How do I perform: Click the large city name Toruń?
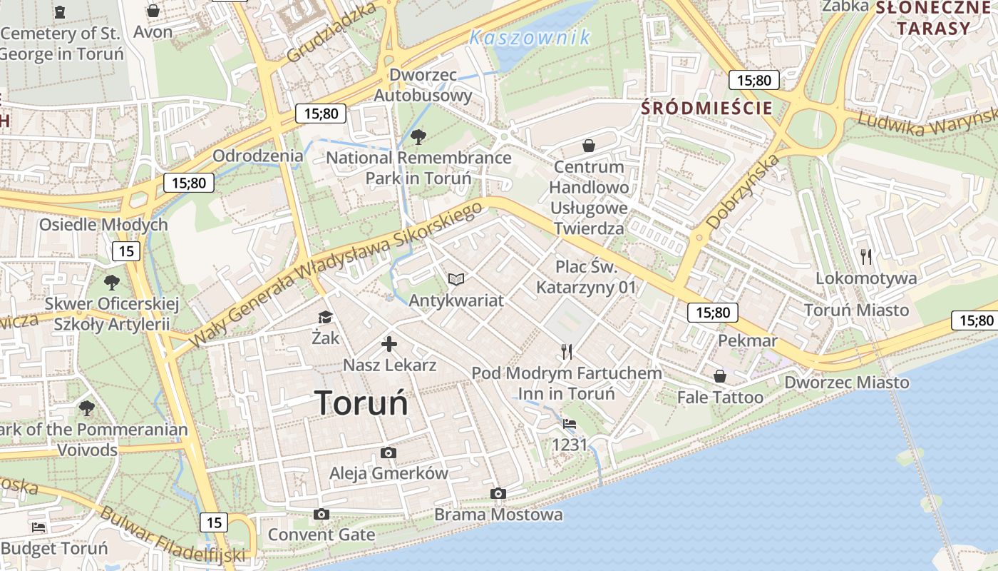(361, 403)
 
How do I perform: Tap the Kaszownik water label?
(530, 38)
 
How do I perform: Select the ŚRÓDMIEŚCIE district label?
(706, 108)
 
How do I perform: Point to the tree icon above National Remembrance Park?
(418, 136)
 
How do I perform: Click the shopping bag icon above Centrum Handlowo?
(589, 146)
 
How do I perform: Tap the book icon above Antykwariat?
(456, 279)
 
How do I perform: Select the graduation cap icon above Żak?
(325, 317)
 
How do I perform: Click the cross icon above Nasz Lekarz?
(389, 345)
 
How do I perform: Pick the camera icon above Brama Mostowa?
(498, 493)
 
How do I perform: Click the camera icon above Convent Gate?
(321, 514)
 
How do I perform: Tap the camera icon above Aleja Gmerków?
(389, 453)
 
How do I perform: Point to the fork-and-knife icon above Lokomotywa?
(866, 257)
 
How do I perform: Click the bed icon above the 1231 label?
(570, 424)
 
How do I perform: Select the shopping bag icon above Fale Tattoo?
(720, 375)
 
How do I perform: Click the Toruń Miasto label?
(856, 310)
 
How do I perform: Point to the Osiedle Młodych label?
(103, 225)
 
